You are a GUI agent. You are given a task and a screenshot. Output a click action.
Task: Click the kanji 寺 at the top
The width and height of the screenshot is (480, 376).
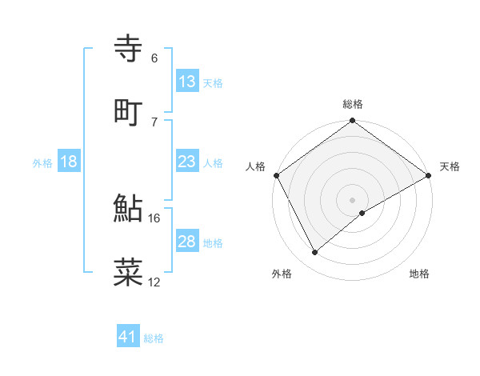[x=129, y=49]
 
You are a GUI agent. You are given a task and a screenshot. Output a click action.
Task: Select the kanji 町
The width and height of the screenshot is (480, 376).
[x=129, y=111]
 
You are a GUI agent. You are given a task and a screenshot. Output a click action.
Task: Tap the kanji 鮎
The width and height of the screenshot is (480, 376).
[x=129, y=209]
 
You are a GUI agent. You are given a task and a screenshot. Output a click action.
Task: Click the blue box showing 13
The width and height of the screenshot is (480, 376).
[x=187, y=82]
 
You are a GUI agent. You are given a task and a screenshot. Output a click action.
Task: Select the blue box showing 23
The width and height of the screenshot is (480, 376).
[x=187, y=162]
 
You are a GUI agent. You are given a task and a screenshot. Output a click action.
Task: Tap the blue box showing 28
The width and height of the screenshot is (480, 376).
[x=187, y=242]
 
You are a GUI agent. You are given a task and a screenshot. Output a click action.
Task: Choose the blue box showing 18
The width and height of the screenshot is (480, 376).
[x=69, y=162]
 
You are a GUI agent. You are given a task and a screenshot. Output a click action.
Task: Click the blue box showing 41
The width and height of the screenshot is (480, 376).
[x=128, y=337]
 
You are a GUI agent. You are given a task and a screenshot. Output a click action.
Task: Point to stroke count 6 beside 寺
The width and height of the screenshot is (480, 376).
[x=154, y=58]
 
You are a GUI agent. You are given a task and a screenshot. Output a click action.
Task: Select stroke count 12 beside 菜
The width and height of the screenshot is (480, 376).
[x=154, y=282]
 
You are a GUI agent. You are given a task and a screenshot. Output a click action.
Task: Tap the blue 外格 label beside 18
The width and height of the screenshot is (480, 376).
[x=42, y=163]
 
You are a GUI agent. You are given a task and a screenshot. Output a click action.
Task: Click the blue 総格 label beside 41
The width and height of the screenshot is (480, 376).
[x=154, y=338]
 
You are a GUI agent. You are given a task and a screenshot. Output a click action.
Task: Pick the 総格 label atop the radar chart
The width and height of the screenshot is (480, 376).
[x=352, y=104]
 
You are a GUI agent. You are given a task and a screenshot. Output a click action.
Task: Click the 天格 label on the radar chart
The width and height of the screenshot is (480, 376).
[x=450, y=166]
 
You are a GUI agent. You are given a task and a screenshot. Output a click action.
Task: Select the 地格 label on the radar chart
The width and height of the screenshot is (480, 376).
[x=419, y=274]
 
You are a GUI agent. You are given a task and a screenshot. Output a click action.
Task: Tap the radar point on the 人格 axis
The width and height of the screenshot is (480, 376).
[x=276, y=175]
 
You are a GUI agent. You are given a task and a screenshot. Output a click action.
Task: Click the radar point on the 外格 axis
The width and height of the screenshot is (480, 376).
[x=315, y=252]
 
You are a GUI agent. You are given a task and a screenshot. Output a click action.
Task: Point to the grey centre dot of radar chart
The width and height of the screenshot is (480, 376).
[x=352, y=199]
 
